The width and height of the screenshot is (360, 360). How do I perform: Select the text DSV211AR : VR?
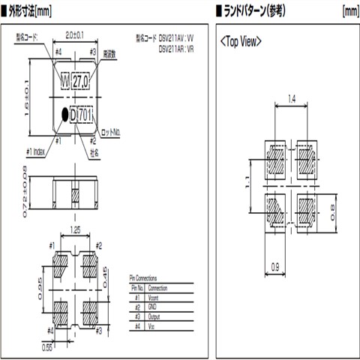click(179, 49)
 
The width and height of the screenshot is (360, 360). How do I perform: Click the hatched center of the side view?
click(75, 196)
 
